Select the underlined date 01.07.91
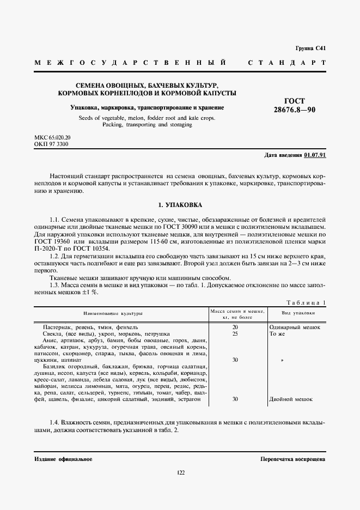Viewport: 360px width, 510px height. coord(315,155)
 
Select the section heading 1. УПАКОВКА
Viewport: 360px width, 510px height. coord(180,205)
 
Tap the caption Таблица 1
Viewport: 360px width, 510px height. coord(306,302)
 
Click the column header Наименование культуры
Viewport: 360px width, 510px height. coord(113,314)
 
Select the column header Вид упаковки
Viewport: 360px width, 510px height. coord(298,314)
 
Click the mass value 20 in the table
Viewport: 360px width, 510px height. coord(235,327)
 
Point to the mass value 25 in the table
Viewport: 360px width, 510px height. coord(235,333)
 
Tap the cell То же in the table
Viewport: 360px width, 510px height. coord(277,333)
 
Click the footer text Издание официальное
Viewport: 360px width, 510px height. coord(63,459)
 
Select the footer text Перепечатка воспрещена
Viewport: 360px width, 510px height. coord(292,459)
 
